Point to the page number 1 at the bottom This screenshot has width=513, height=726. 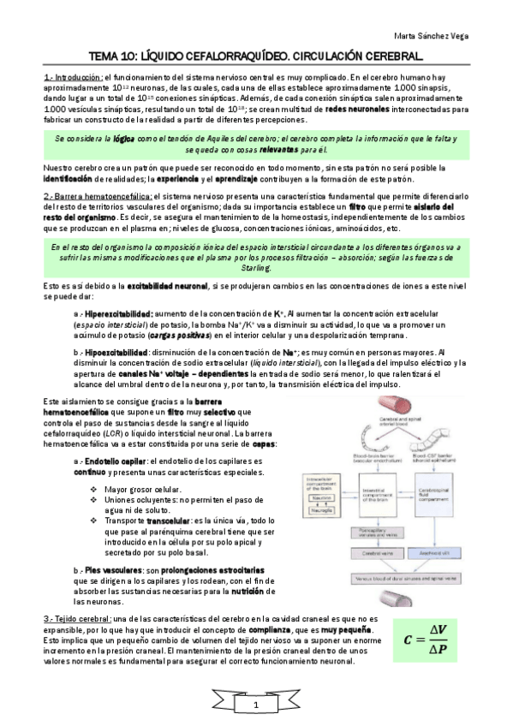pos(255,704)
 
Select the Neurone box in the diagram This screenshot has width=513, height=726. pos(321,497)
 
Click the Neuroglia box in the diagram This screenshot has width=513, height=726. pos(321,509)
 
